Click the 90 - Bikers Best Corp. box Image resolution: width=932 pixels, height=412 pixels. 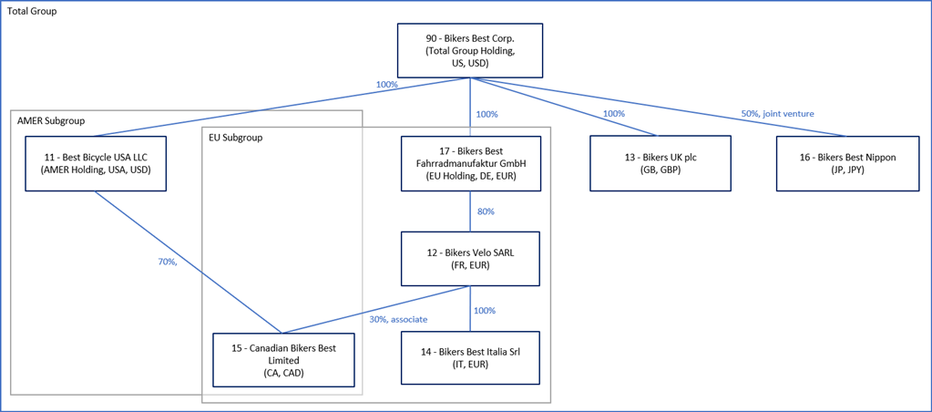tap(470, 51)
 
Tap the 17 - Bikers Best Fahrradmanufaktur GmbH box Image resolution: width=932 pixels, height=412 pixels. tap(470, 164)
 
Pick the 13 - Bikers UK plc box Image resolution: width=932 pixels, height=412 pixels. tap(660, 164)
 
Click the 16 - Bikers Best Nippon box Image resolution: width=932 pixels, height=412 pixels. tap(847, 164)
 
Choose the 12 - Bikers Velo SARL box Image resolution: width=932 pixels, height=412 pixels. tap(470, 259)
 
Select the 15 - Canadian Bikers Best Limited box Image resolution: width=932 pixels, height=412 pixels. tap(283, 360)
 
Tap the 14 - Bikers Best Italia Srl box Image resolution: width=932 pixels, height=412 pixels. tap(470, 358)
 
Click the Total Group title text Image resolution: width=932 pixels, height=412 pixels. tap(33, 11)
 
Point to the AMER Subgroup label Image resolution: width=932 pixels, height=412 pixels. tap(51, 120)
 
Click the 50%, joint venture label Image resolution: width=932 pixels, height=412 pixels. tap(777, 114)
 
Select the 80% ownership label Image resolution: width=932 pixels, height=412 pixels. tap(486, 211)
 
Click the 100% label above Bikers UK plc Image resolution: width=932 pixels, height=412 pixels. tap(613, 114)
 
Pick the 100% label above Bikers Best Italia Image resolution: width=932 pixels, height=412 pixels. tap(485, 311)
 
